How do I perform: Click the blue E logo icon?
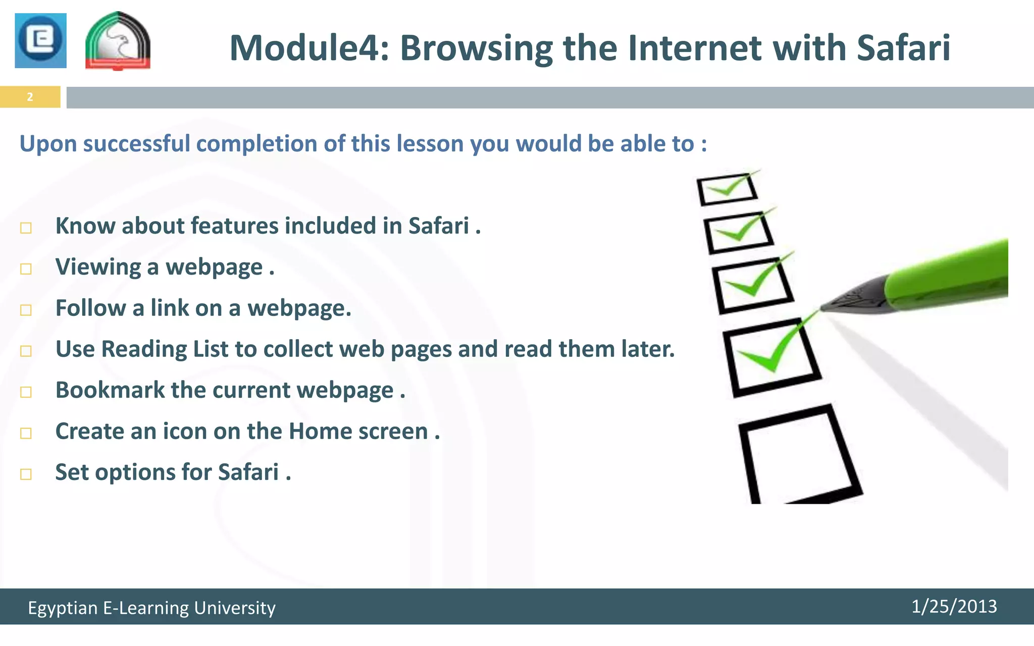[x=40, y=40]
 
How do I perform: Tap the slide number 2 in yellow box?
[x=30, y=97]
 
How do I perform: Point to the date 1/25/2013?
[x=954, y=606]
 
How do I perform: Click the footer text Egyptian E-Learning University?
[x=151, y=608]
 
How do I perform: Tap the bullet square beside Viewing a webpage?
[x=26, y=269]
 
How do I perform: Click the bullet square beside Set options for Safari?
[x=26, y=474]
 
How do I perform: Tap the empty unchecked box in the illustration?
[x=798, y=454]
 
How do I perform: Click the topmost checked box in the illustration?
[x=727, y=189]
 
